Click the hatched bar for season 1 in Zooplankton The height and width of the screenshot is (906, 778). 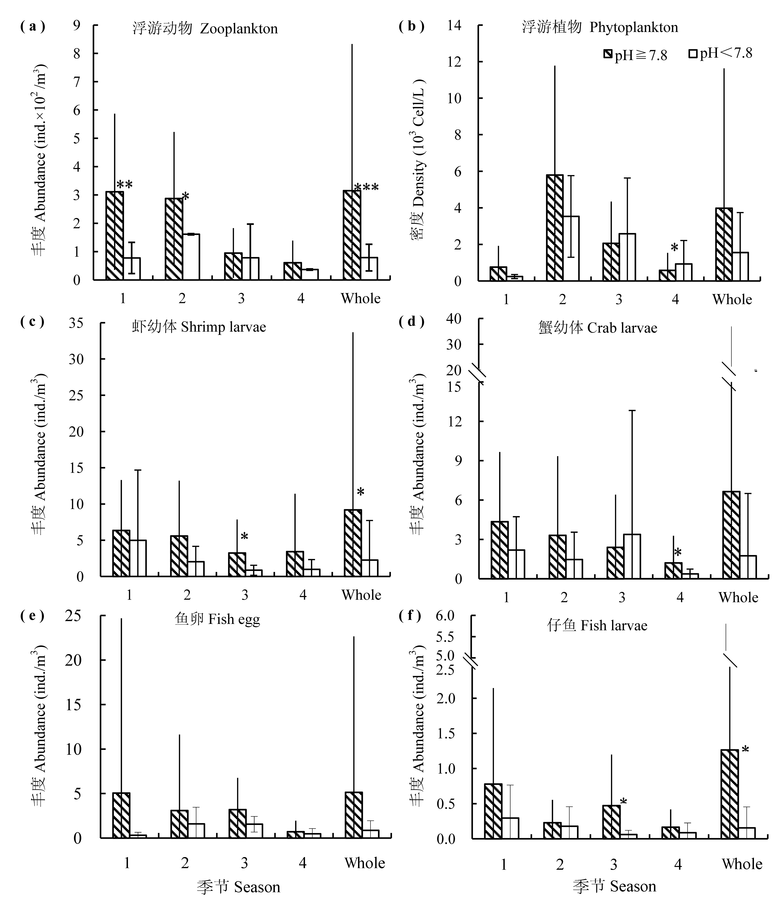(115, 236)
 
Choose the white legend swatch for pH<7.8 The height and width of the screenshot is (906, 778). (693, 54)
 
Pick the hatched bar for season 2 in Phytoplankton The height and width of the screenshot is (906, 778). (555, 227)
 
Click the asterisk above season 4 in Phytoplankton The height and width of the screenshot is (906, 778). (674, 248)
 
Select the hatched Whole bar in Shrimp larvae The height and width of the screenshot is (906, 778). (353, 543)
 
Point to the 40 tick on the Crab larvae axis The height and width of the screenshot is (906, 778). (454, 319)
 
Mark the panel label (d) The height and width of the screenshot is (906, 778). (412, 322)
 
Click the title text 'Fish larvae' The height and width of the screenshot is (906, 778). (614, 625)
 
